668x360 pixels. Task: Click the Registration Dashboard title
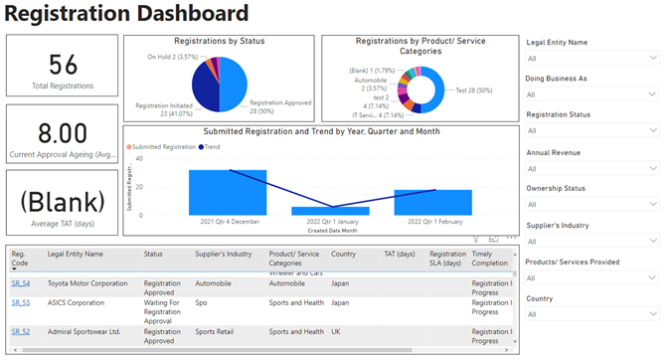coord(126,14)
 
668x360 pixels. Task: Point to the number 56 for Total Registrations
coord(63,65)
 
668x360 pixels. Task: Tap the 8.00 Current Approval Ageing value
coord(63,133)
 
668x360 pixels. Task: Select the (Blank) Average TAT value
coord(63,201)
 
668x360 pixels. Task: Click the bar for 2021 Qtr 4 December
coord(228,192)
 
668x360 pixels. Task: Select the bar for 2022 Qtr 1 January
coord(330,211)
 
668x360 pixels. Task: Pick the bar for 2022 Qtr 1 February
coord(432,202)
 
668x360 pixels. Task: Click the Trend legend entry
coord(211,146)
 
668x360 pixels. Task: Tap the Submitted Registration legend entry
coord(163,146)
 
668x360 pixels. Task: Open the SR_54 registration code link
coord(20,283)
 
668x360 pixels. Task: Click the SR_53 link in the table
coord(20,302)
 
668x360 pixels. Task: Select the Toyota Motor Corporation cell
coord(88,283)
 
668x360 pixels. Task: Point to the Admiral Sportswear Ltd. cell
coord(84,331)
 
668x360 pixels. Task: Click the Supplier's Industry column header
coord(224,254)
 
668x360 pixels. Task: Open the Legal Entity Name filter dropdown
coord(591,59)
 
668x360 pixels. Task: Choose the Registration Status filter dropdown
coord(591,131)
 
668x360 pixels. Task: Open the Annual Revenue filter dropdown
coord(591,168)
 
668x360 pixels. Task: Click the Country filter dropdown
coord(591,314)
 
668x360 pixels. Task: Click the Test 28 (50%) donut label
coord(476,89)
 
